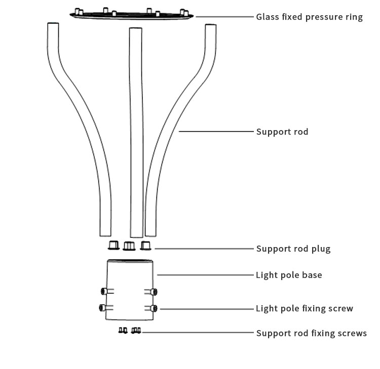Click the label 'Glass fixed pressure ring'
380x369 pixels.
[309, 17]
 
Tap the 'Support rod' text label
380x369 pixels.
[282, 132]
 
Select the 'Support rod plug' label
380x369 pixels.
[293, 249]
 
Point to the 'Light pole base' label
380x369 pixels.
[289, 275]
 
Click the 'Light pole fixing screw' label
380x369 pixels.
[305, 308]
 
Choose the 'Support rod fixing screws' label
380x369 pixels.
[312, 333]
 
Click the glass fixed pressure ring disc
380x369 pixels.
[131, 16]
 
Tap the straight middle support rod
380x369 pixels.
[136, 133]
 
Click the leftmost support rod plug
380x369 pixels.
[113, 245]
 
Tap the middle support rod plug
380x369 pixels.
[129, 246]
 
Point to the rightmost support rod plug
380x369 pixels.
[145, 245]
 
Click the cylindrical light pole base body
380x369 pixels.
[130, 290]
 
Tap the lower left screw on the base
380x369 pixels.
[106, 308]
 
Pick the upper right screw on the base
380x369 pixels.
[151, 292]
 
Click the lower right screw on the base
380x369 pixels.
[151, 308]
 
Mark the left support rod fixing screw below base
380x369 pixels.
[123, 330]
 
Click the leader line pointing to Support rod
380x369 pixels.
[216, 132]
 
